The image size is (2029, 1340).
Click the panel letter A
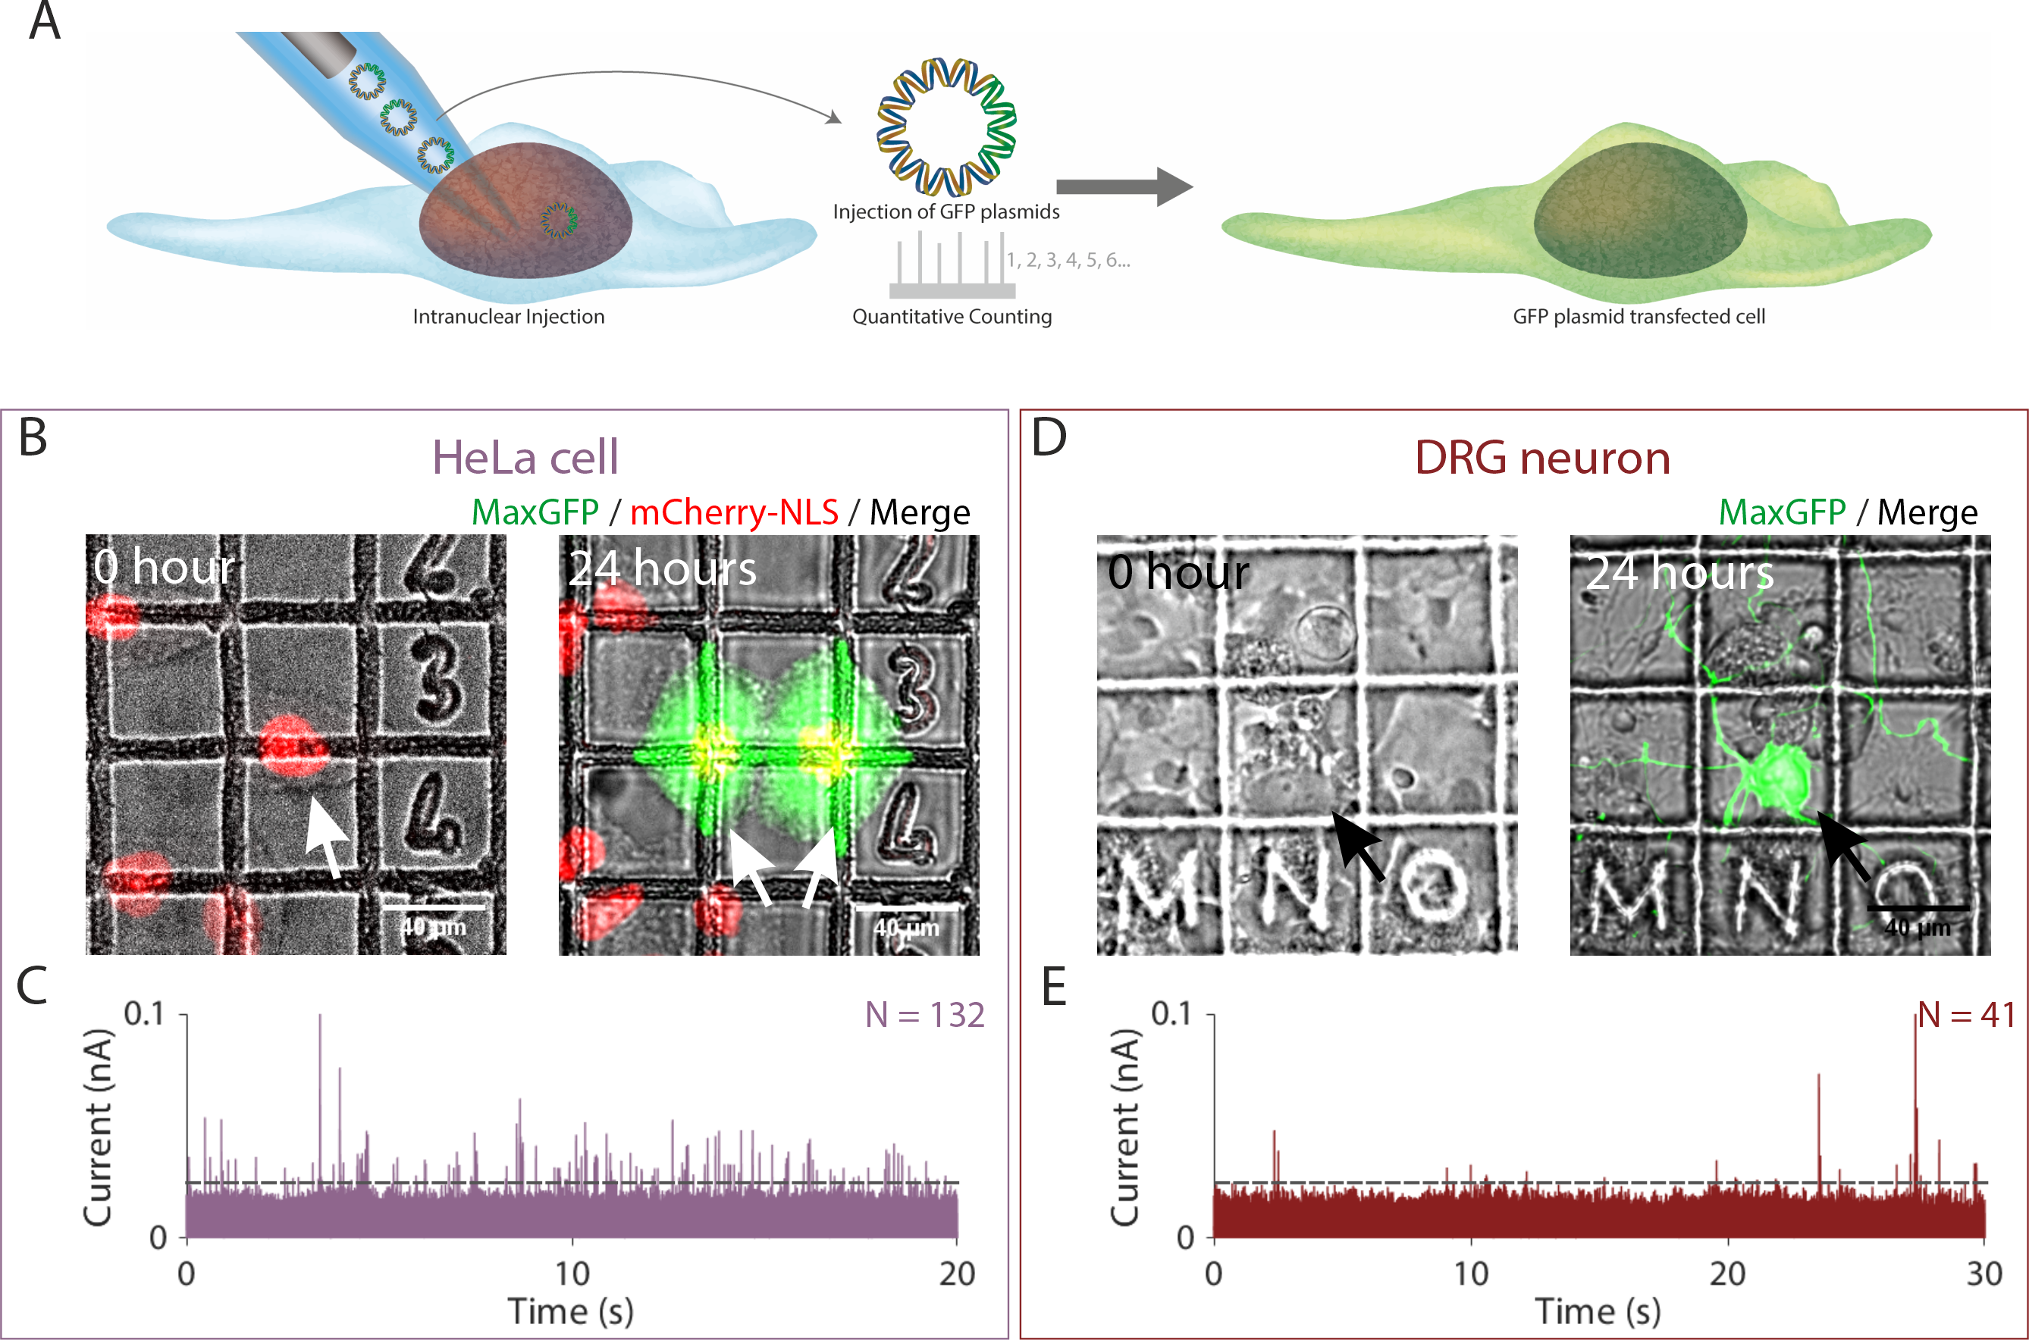click(x=45, y=21)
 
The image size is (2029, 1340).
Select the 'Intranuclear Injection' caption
click(x=509, y=317)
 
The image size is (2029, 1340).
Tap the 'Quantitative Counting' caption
click(x=952, y=317)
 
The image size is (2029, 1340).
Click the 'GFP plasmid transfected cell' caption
click(x=1639, y=317)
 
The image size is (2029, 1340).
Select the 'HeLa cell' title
click(x=525, y=457)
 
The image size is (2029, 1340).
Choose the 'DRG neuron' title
click(x=1541, y=457)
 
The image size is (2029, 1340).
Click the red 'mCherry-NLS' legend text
click(x=734, y=512)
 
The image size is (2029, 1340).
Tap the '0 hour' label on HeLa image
click(x=164, y=568)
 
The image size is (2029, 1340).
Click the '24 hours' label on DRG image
click(x=1679, y=571)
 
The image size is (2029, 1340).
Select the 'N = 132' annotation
click(x=925, y=1014)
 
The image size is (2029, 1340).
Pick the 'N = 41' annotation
click(x=1967, y=1014)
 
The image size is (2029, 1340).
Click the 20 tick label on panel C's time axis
click(x=957, y=1274)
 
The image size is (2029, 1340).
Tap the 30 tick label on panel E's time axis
click(x=1984, y=1274)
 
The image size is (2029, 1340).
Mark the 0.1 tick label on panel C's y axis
click(x=143, y=1014)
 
